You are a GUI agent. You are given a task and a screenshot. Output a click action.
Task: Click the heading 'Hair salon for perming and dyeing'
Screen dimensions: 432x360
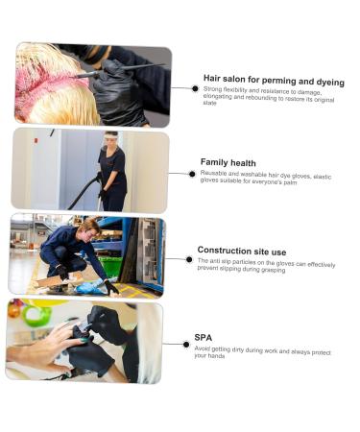click(273, 81)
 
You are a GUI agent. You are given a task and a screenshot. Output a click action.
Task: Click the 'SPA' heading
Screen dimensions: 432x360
click(203, 337)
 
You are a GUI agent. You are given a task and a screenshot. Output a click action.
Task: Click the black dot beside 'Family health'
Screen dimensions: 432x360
click(192, 174)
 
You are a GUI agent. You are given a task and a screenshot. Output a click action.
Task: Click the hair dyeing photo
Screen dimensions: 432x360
click(92, 84)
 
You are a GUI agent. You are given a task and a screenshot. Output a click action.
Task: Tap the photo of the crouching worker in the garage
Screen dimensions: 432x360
click(86, 255)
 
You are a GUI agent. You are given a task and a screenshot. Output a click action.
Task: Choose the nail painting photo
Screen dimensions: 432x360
click(84, 342)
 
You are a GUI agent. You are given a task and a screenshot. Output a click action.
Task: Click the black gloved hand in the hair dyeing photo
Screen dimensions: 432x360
click(120, 91)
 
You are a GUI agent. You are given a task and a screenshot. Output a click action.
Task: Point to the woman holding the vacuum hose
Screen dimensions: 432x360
click(112, 171)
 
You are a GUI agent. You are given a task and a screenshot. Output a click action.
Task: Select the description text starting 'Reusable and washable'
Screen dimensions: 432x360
click(264, 179)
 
